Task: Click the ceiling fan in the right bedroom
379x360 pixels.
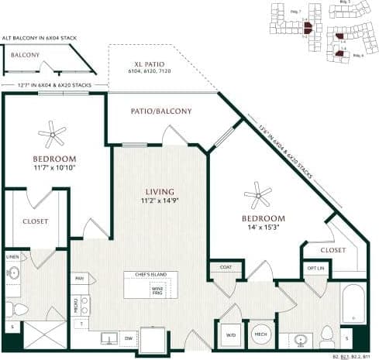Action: (x=257, y=194)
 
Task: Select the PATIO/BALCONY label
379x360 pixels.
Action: (x=163, y=111)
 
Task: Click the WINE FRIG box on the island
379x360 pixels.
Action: (x=157, y=291)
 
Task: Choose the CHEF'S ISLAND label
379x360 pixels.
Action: (x=150, y=275)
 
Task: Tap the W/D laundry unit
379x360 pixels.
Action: (x=229, y=334)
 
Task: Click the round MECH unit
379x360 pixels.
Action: (x=260, y=334)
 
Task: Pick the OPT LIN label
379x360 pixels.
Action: (x=315, y=268)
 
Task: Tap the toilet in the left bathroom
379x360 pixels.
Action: (x=19, y=310)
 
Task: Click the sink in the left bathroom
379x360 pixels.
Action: (x=13, y=272)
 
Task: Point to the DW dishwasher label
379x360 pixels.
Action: (x=130, y=338)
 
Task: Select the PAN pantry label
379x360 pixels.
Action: (x=79, y=277)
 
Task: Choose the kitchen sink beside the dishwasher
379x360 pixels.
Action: (x=108, y=338)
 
